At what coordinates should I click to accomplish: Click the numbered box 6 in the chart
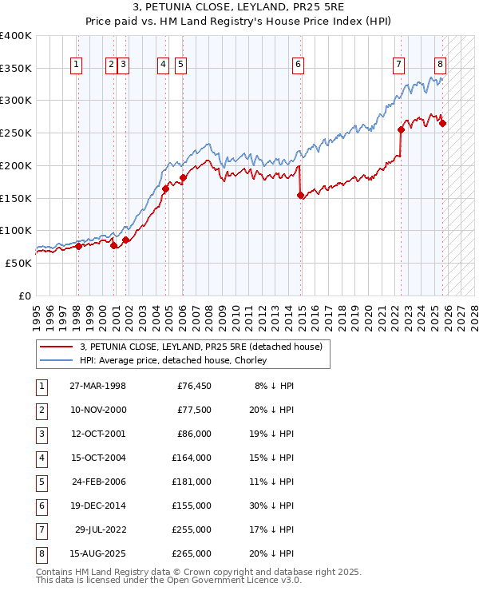pos(298,65)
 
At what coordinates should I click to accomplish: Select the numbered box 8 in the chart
pos(440,65)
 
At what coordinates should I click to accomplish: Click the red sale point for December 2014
pos(300,195)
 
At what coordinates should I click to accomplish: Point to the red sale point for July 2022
pos(401,130)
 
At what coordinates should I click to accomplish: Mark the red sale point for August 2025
pos(442,123)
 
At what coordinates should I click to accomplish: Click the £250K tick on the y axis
pos(16,133)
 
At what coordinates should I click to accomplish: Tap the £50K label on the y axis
pos(19,263)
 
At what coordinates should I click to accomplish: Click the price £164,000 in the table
pos(192,458)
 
